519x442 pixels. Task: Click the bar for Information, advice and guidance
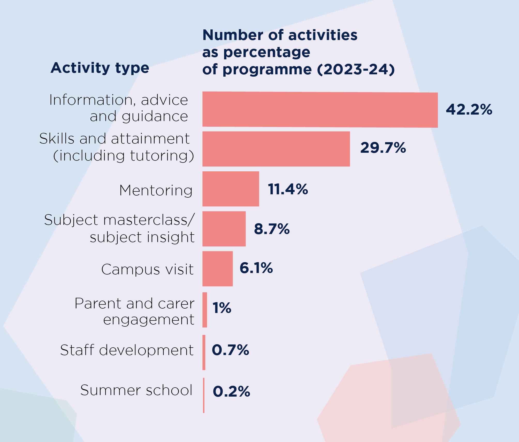click(320, 109)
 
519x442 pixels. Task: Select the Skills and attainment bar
click(276, 149)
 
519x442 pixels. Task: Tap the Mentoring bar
click(231, 189)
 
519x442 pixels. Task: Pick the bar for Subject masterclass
click(224, 229)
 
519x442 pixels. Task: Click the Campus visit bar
click(217, 269)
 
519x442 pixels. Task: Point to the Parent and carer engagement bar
click(205, 310)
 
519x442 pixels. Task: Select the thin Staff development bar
click(204, 352)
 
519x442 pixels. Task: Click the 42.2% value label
click(469, 109)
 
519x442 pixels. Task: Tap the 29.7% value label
click(383, 148)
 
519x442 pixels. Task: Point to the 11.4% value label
click(288, 189)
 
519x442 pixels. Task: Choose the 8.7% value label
click(272, 229)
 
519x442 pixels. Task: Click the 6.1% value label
click(256, 268)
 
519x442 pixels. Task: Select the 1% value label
click(222, 308)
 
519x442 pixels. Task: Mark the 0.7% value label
click(230, 350)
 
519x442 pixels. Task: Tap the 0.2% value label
click(231, 391)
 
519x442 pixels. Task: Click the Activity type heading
click(100, 68)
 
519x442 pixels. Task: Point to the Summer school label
click(136, 390)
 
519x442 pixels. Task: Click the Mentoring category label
click(156, 190)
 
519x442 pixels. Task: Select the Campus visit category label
click(147, 269)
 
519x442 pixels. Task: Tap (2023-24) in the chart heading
click(356, 69)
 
